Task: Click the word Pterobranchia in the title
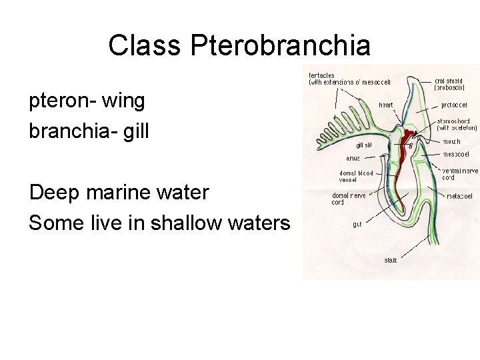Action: point(280,45)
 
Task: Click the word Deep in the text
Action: point(53,193)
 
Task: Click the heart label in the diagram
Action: point(385,105)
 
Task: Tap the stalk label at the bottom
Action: point(390,260)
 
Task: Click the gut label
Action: point(357,225)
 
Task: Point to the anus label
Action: point(353,159)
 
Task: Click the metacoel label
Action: point(459,197)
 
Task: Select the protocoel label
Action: point(454,105)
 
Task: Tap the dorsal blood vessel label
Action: point(356,176)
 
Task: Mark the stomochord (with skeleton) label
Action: point(457,124)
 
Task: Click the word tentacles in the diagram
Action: point(321,75)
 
